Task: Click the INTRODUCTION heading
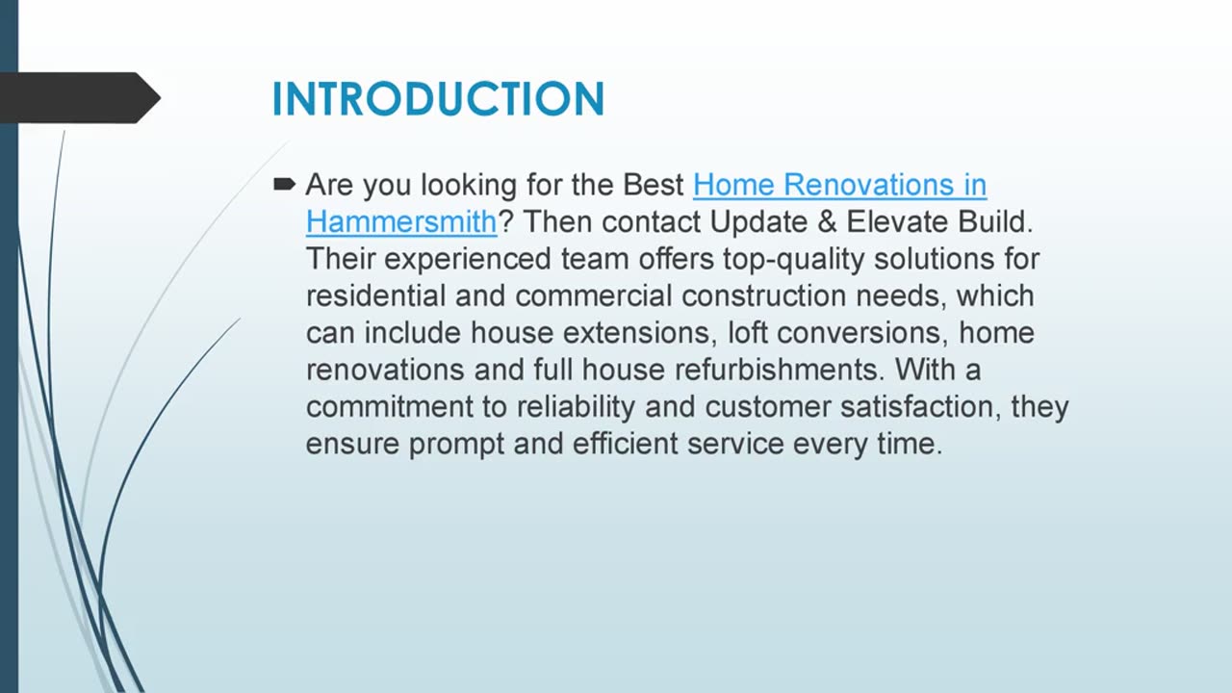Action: (x=438, y=99)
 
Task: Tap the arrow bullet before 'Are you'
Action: (x=284, y=184)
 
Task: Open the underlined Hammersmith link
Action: (x=401, y=221)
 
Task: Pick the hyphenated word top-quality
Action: (x=781, y=259)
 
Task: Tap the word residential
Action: (x=376, y=295)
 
